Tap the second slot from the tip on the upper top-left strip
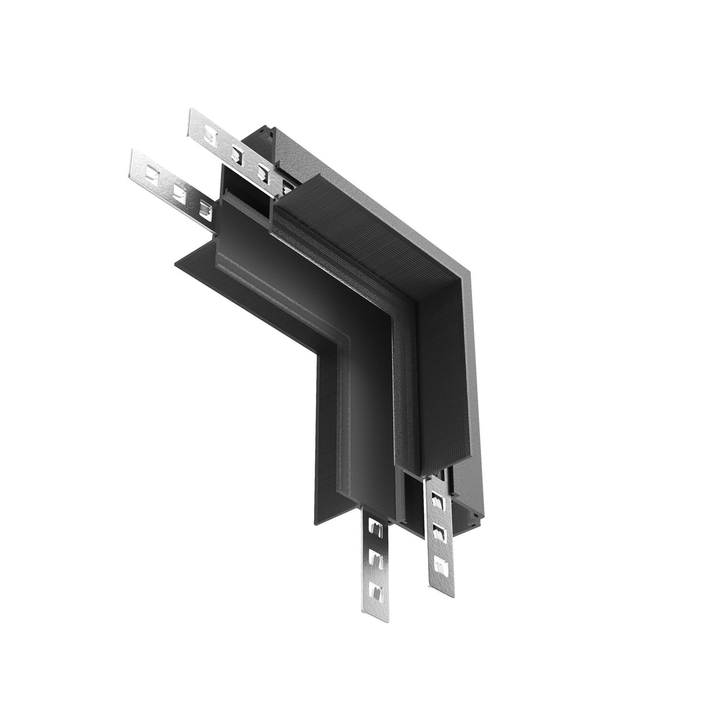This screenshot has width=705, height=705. [x=236, y=154]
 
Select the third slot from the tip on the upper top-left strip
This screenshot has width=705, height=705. [x=262, y=171]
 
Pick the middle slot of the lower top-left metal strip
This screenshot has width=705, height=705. [x=178, y=190]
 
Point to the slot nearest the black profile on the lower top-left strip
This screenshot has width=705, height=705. [x=204, y=207]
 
